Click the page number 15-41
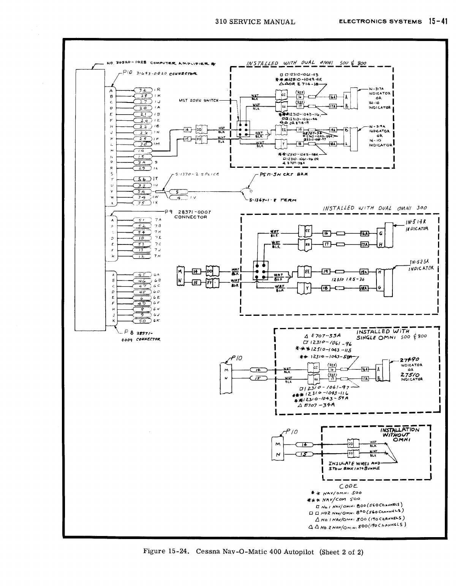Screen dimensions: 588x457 coord(437,21)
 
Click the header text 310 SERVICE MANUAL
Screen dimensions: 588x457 coord(255,22)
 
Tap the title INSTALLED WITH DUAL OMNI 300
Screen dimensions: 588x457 coord(375,208)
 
